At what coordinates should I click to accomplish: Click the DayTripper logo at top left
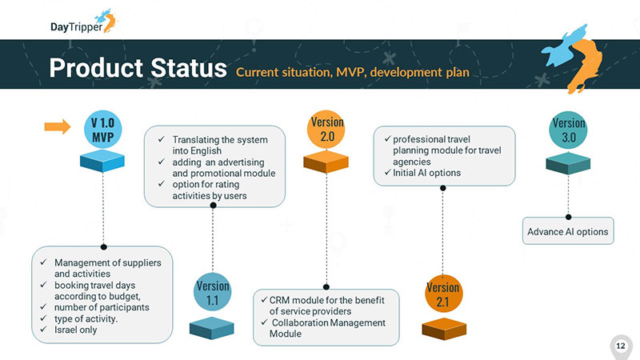tap(80, 22)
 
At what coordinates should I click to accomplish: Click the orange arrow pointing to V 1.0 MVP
tap(57, 126)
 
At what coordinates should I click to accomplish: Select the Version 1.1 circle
tap(212, 293)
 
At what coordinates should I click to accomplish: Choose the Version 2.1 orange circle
tap(443, 294)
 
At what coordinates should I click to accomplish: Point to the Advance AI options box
tap(568, 232)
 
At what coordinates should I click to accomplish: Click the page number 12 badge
tap(620, 345)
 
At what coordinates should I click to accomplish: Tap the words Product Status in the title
tap(138, 68)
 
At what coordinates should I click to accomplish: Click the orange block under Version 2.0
tap(326, 163)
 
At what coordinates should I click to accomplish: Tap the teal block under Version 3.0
tap(568, 165)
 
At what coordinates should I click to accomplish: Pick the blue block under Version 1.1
tap(212, 327)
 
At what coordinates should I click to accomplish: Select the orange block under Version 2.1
tap(443, 328)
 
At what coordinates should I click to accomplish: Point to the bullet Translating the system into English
tap(219, 145)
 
